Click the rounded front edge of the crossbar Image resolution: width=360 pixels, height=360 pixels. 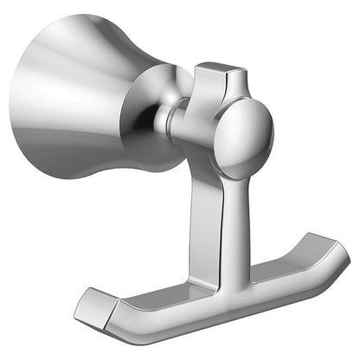coord(216,299)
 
